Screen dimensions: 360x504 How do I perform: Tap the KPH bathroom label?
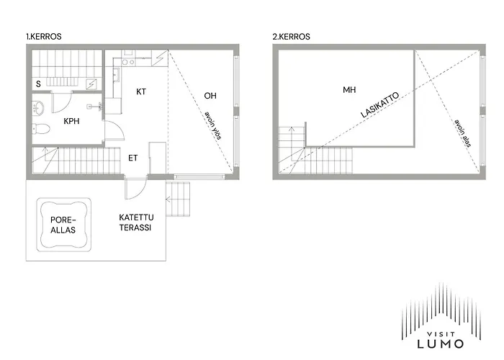coord(71,121)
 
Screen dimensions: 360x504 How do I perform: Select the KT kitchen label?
coord(141,91)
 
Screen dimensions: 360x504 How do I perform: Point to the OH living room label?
coord(210,95)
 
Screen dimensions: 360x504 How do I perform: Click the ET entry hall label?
coord(133,158)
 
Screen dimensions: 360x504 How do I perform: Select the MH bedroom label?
coord(349,90)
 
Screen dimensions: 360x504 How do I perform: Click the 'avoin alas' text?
coord(462,133)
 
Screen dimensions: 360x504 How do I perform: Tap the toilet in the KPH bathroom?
coord(42,130)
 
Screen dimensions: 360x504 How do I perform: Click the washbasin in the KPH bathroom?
coord(40,108)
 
